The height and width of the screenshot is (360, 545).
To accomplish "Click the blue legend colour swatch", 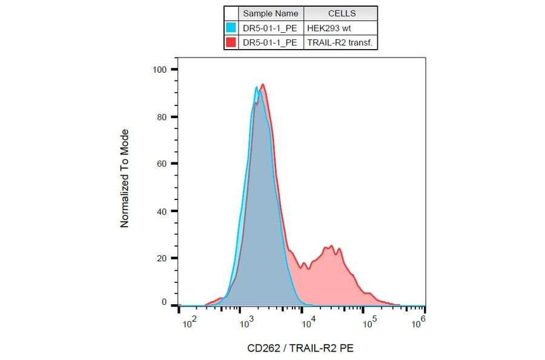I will pyautogui.click(x=231, y=27).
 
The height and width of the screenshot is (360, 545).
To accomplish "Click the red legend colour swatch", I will pyautogui.click(x=231, y=42).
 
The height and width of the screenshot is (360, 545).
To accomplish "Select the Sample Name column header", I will pyautogui.click(x=271, y=13).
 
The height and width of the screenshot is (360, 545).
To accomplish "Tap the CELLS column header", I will pyautogui.click(x=342, y=13).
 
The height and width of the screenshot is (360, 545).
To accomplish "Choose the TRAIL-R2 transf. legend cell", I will pyautogui.click(x=341, y=42).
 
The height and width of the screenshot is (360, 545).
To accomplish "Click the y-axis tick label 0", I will pyautogui.click(x=163, y=302).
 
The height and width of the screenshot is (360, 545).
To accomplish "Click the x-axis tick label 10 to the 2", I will pyautogui.click(x=190, y=325).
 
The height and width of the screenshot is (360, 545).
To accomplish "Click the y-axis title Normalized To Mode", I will pyautogui.click(x=125, y=178).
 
